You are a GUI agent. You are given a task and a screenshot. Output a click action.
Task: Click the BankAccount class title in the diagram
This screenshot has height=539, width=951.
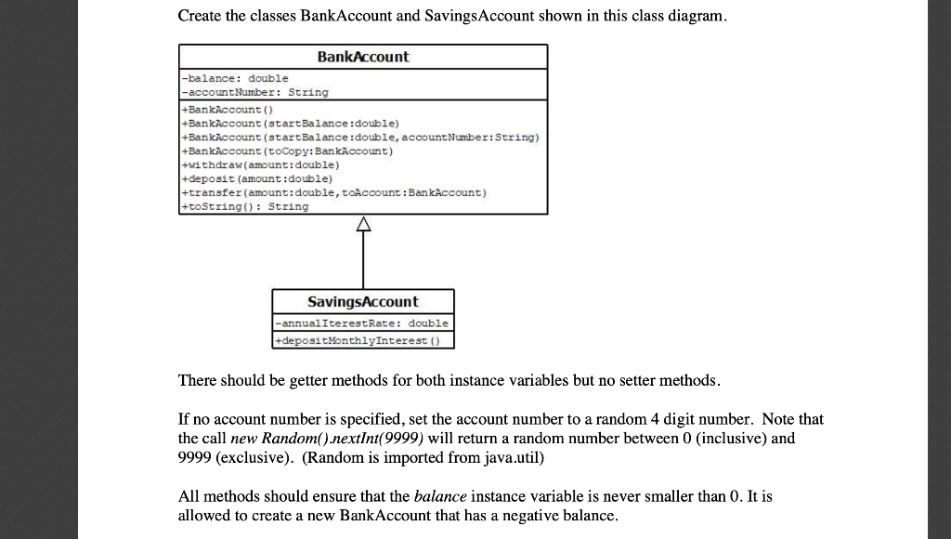pyautogui.click(x=362, y=57)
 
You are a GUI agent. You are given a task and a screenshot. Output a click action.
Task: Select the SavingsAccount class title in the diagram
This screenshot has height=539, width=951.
pyautogui.click(x=362, y=302)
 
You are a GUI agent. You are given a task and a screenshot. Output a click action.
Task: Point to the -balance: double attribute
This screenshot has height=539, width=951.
pyautogui.click(x=235, y=79)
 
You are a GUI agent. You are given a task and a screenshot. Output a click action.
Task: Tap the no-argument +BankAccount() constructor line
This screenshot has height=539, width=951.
pyautogui.click(x=224, y=109)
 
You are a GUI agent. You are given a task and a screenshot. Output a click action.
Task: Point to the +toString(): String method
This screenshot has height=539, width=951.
pyautogui.click(x=245, y=206)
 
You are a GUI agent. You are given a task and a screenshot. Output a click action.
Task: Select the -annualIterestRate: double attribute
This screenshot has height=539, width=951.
pyautogui.click(x=362, y=323)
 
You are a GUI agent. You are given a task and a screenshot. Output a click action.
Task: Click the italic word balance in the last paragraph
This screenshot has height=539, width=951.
pyautogui.click(x=438, y=496)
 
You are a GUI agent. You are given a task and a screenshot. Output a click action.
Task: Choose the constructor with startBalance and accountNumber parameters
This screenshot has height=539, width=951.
pyautogui.click(x=360, y=137)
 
